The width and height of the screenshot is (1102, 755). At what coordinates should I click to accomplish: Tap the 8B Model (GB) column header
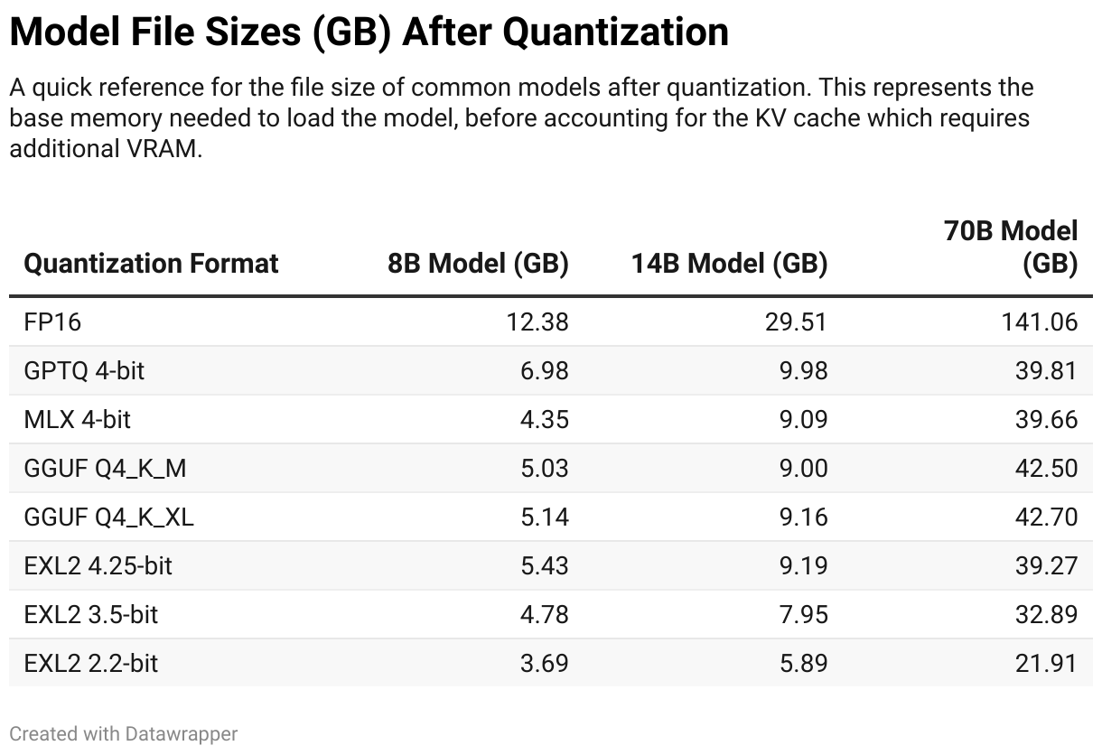click(x=478, y=264)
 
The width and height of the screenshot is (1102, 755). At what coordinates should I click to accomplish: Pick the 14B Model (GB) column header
click(x=729, y=264)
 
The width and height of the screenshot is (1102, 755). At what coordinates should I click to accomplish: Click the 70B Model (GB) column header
click(x=1011, y=247)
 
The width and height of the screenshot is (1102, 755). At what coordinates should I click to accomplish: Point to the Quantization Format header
click(x=151, y=264)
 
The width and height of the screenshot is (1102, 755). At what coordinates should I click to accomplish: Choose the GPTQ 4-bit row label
click(x=84, y=370)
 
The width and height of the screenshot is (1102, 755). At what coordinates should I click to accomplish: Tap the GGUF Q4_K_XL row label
click(x=109, y=517)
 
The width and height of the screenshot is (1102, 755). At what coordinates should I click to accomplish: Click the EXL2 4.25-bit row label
click(x=98, y=565)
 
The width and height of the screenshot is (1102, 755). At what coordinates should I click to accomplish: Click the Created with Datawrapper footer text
click(x=124, y=733)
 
